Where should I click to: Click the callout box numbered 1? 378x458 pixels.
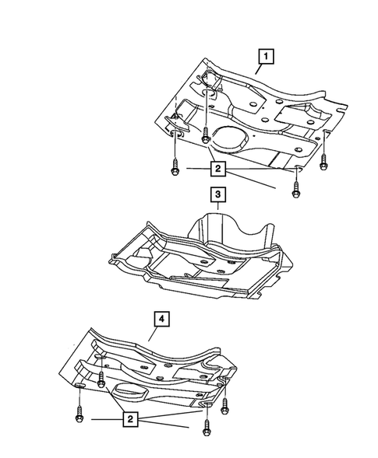(267, 55)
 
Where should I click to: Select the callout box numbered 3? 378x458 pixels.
(218, 192)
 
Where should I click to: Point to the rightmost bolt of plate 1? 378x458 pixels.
(325, 161)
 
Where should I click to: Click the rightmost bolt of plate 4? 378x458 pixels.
(225, 405)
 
